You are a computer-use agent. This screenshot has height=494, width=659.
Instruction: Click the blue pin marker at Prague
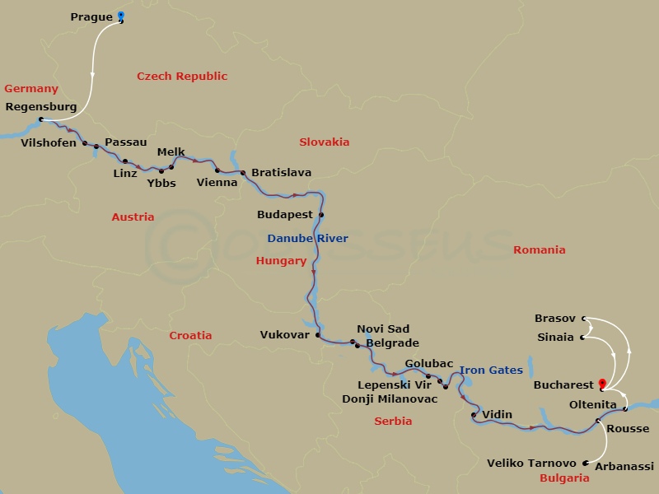click(121, 16)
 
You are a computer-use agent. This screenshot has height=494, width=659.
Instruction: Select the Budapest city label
click(285, 214)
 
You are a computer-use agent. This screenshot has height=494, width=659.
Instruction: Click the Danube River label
click(307, 239)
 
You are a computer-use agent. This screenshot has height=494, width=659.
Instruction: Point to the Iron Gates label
click(491, 370)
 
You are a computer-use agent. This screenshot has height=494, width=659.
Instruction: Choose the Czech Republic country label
click(181, 77)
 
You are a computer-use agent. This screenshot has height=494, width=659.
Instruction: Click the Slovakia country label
click(325, 142)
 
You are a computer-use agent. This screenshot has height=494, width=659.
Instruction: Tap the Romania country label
click(540, 249)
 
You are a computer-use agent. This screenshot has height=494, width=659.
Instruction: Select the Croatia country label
click(190, 335)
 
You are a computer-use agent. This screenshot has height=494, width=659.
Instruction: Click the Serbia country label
click(393, 421)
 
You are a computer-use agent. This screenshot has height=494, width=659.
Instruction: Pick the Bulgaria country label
click(564, 478)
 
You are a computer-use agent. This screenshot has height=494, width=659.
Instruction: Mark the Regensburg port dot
click(41, 119)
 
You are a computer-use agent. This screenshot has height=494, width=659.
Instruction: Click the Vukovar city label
click(284, 335)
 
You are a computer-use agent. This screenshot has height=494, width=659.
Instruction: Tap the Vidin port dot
click(474, 415)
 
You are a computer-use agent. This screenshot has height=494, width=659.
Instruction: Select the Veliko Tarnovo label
click(532, 463)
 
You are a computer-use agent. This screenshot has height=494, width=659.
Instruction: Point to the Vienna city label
click(217, 183)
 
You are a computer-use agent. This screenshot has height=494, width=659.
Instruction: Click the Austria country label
click(133, 217)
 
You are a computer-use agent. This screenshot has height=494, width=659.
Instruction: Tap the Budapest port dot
click(321, 215)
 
